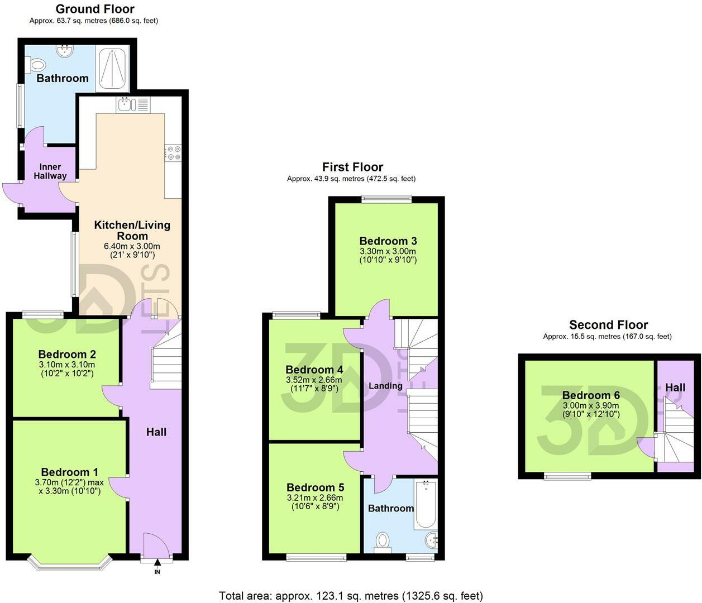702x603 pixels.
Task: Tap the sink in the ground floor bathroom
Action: (65, 50)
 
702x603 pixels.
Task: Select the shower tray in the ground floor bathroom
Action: (112, 68)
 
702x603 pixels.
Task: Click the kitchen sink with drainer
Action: (133, 105)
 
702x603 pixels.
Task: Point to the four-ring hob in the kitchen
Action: (173, 152)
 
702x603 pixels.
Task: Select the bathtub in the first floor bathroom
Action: (426, 504)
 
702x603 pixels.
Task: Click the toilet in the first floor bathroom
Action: (383, 542)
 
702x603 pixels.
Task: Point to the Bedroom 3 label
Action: (388, 241)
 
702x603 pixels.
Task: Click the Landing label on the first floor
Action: (385, 386)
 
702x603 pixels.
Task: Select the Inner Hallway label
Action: (50, 171)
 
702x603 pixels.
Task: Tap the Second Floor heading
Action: (608, 325)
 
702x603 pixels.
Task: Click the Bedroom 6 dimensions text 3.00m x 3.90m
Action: (591, 405)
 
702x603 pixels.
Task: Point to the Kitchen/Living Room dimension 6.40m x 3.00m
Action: (132, 246)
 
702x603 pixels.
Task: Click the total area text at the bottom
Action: (351, 596)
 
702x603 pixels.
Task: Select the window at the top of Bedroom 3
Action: (386, 199)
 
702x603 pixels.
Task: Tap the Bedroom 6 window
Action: (567, 476)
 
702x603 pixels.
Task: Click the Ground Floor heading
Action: (95, 9)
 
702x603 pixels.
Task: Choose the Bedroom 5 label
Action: (315, 487)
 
